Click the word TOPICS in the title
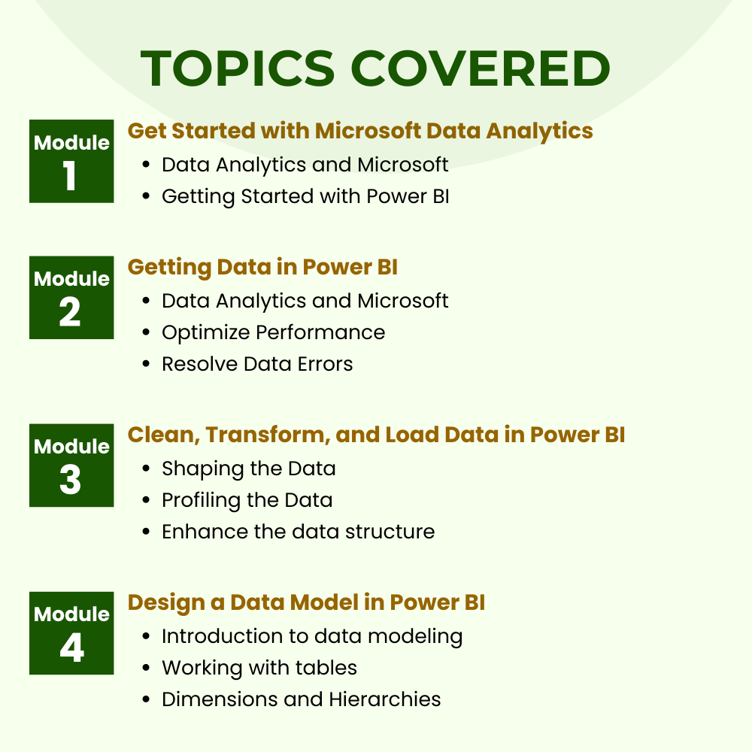click(238, 68)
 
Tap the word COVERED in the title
click(481, 68)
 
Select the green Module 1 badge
click(71, 161)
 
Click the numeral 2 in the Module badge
click(70, 312)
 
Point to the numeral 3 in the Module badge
click(70, 480)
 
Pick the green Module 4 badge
click(71, 633)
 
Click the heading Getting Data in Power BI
click(262, 268)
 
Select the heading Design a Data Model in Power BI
click(307, 603)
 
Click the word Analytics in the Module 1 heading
click(539, 132)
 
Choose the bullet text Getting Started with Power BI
click(305, 196)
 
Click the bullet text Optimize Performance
click(274, 333)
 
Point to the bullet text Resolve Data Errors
click(257, 364)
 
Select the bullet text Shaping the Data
click(248, 469)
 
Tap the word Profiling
click(201, 501)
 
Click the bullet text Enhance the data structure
click(299, 532)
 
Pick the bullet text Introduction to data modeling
click(312, 637)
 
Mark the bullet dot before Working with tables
click(147, 668)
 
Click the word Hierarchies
click(385, 699)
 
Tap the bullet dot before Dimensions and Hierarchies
click(147, 699)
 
